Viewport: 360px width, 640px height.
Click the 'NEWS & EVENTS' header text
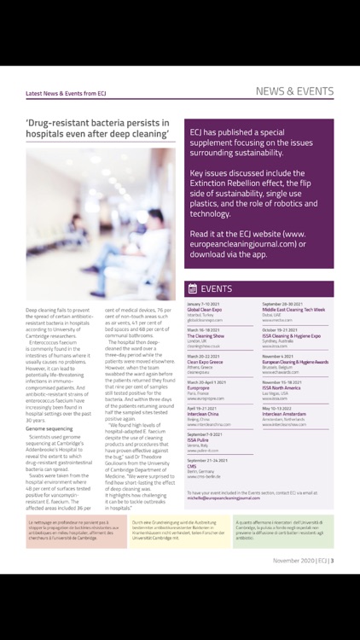pos(294,91)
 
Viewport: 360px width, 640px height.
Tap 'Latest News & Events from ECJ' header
pos(67,94)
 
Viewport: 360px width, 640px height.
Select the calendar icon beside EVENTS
pos(193,288)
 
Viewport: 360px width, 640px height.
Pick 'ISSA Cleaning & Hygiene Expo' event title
pos(291,335)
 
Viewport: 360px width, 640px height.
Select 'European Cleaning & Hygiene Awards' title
pos(294,361)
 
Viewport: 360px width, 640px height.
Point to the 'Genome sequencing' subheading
pos(49,428)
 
